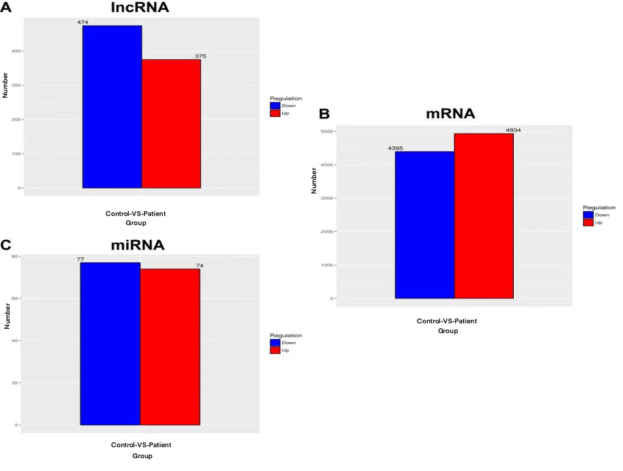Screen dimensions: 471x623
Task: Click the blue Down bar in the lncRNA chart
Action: pyautogui.click(x=112, y=107)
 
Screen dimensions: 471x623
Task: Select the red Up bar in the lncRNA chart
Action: pyautogui.click(x=171, y=123)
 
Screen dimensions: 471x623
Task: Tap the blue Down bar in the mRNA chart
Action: pyautogui.click(x=425, y=225)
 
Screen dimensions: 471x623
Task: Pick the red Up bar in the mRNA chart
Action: pyautogui.click(x=484, y=215)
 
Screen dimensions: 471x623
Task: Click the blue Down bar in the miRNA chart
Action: pyautogui.click(x=110, y=343)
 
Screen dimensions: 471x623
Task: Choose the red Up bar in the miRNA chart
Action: pyautogui.click(x=170, y=347)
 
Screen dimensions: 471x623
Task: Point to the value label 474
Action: pyautogui.click(x=82, y=23)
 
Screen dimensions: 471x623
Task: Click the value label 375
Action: pyautogui.click(x=200, y=56)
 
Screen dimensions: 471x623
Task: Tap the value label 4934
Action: pyautogui.click(x=513, y=130)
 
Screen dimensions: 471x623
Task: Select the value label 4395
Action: pyautogui.click(x=395, y=148)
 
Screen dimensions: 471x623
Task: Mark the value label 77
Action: pyautogui.click(x=80, y=259)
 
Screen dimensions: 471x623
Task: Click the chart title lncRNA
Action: pyautogui.click(x=140, y=8)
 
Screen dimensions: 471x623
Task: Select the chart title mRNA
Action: pyautogui.click(x=450, y=114)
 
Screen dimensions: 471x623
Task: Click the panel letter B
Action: pyautogui.click(x=325, y=114)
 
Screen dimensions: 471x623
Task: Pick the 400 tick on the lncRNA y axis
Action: pyautogui.click(x=16, y=51)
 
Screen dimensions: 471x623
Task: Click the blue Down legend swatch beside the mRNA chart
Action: pyautogui.click(x=588, y=215)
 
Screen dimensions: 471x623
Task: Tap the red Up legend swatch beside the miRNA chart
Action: pyautogui.click(x=275, y=350)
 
